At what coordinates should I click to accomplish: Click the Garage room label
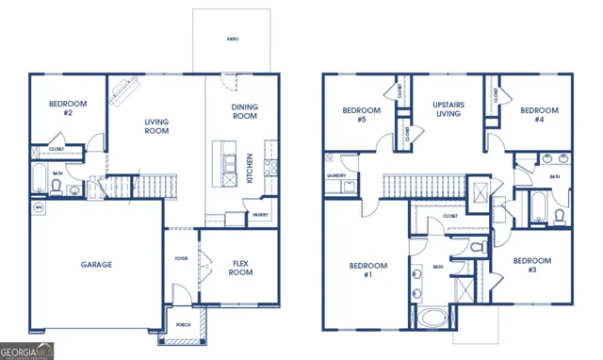(x=95, y=265)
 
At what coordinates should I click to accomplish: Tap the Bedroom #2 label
(x=67, y=107)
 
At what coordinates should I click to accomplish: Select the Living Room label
(x=155, y=127)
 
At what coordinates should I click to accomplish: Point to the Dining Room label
(x=244, y=111)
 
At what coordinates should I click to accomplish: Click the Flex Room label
(x=240, y=268)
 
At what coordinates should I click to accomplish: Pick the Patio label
(x=232, y=40)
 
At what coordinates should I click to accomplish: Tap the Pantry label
(x=260, y=215)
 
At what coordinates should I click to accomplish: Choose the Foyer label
(x=181, y=258)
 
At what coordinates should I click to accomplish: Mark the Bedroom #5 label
(x=362, y=115)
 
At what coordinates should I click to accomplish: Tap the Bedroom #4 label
(x=539, y=115)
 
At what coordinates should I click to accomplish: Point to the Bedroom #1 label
(x=362, y=270)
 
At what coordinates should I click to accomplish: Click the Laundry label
(x=336, y=176)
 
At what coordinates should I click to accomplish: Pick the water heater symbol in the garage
(x=39, y=206)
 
